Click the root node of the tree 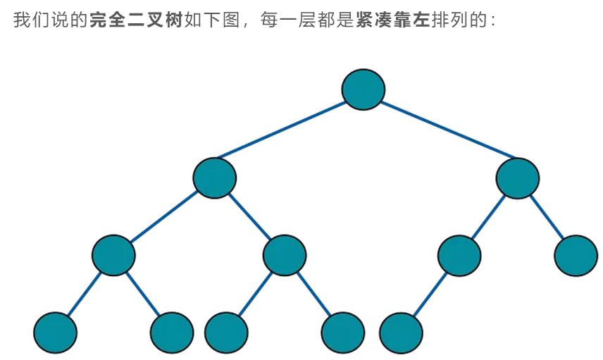pos(363,89)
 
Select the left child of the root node pos(215,178)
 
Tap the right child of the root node pos(518,178)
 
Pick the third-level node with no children pos(576,256)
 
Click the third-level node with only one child pos(459,256)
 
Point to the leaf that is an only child pos(401,332)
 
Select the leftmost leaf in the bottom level pos(55,332)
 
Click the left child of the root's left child pos(113,256)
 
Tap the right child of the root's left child pos(285,256)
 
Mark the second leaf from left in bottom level pos(172,332)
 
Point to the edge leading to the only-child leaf pos(430,294)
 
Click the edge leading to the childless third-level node pos(547,217)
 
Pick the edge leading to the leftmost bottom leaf pos(84,294)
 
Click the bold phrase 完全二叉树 pos(135,20)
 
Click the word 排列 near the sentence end pos(448,20)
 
